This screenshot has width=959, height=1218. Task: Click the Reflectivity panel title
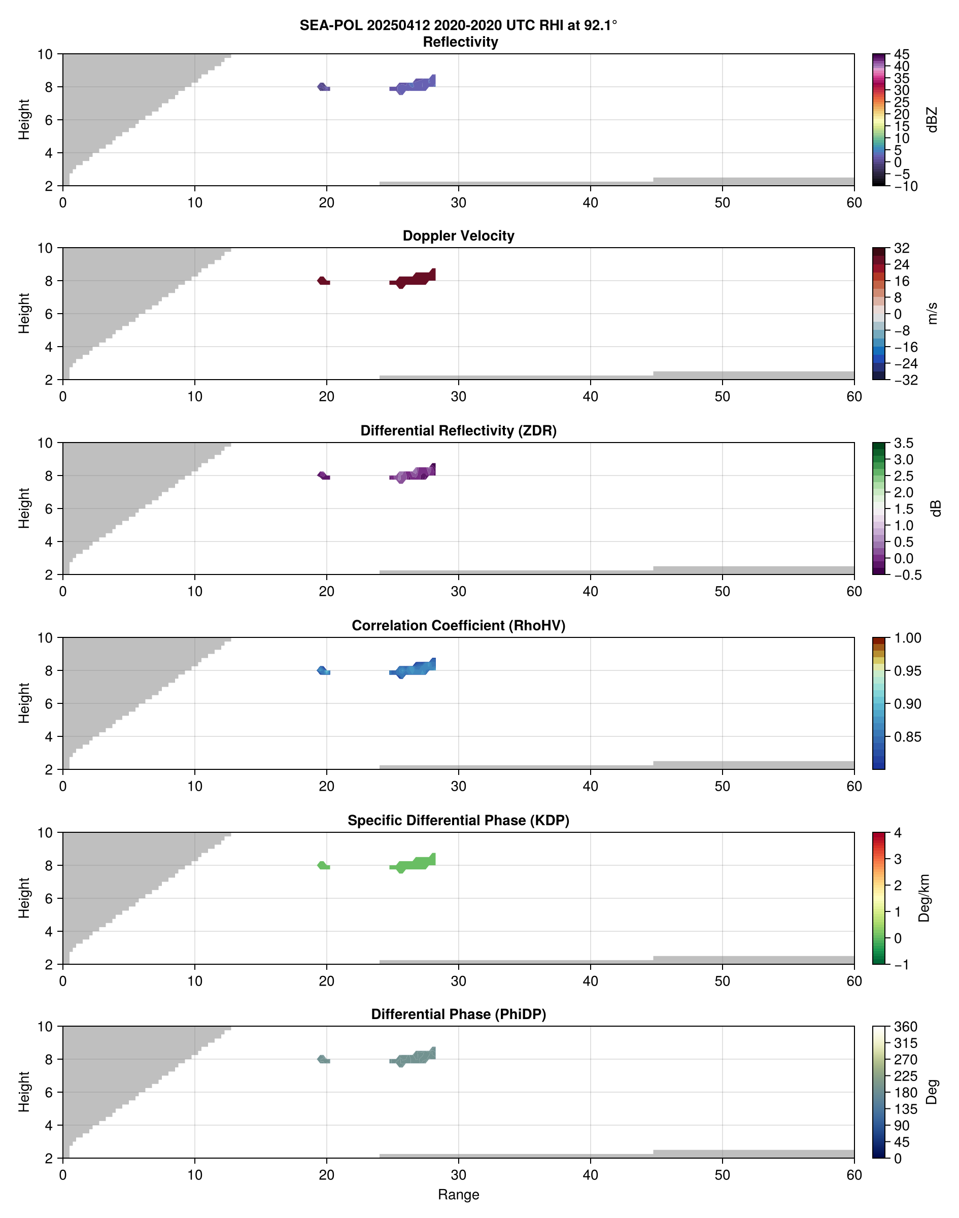point(460,42)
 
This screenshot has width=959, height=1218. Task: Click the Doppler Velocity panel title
point(458,236)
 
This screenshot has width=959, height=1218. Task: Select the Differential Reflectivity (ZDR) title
point(458,431)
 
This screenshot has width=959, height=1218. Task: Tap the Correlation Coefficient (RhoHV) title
point(458,626)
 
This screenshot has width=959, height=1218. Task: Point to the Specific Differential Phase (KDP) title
point(458,821)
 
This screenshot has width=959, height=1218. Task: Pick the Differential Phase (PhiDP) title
point(458,1014)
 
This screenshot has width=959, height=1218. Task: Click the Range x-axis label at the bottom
point(458,1195)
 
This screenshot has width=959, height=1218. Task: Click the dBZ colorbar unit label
point(933,120)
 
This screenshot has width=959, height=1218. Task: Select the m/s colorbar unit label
point(933,313)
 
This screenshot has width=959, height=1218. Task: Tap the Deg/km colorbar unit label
point(924,898)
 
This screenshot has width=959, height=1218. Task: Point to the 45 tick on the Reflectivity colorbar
point(902,54)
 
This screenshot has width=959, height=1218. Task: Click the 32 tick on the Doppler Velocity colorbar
point(902,248)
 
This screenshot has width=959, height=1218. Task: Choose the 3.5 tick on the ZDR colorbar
point(903,443)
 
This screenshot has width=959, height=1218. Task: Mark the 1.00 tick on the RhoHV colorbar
point(907,638)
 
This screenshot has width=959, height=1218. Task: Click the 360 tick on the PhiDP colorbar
point(905,1027)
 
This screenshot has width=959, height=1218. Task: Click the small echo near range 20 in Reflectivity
point(323,87)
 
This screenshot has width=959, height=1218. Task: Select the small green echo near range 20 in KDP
point(323,865)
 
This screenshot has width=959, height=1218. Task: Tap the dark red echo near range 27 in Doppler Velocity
point(416,279)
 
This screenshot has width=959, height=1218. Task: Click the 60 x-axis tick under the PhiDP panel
point(854,1175)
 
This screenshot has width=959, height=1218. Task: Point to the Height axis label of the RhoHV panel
point(23,703)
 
